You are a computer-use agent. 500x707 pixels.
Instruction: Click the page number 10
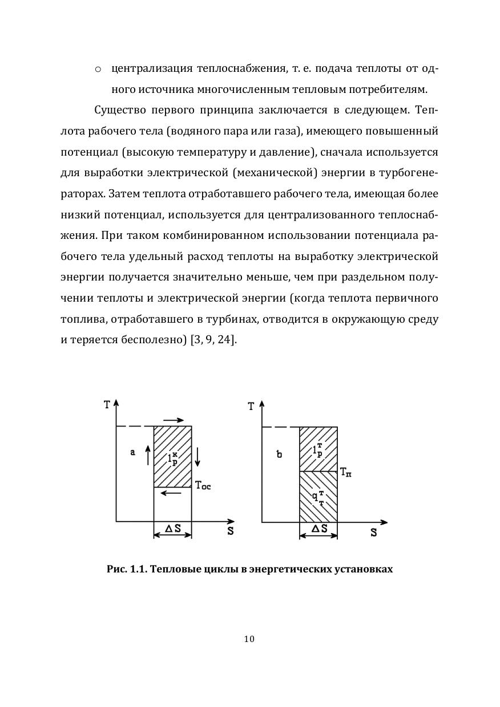tap(249, 639)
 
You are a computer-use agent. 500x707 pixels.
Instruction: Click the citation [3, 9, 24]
tap(213, 340)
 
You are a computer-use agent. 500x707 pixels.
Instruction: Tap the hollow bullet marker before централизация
tap(98, 69)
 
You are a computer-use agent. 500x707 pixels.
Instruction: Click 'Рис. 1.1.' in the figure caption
tap(127, 569)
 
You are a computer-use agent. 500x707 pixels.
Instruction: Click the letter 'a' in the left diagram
tap(132, 452)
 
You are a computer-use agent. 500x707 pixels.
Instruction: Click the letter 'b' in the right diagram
tap(279, 454)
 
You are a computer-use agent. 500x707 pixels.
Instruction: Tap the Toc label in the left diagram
tap(203, 486)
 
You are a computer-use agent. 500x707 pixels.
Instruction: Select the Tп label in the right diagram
tap(346, 472)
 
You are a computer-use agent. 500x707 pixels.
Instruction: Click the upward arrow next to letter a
tap(147, 456)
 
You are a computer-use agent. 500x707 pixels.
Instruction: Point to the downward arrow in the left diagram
tap(197, 457)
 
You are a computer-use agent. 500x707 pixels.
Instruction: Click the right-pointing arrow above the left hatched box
tap(173, 420)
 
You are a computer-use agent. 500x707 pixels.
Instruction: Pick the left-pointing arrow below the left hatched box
tap(172, 493)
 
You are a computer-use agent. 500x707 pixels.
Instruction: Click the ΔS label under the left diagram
tap(173, 529)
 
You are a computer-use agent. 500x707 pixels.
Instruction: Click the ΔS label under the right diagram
tap(318, 529)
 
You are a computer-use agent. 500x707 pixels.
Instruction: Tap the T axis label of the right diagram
tap(251, 407)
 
